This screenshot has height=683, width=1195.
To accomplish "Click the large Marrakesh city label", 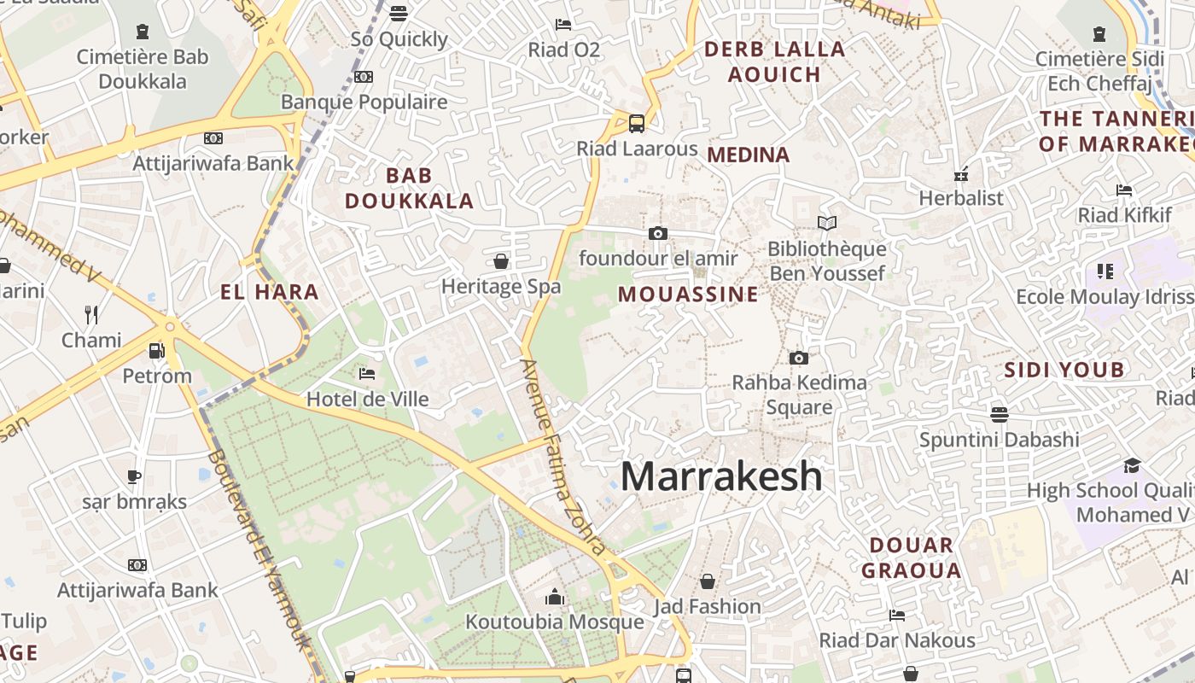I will click(721, 476).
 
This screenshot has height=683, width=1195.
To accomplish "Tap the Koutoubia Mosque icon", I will click(555, 597).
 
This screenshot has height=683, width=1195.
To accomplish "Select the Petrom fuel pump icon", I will click(156, 350).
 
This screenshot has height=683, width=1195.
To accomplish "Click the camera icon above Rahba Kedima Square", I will click(798, 358).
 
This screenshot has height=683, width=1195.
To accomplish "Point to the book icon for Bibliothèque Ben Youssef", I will click(826, 224).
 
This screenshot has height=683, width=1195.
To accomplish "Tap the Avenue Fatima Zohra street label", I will click(563, 457).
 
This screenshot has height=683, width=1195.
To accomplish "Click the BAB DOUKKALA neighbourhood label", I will click(409, 189).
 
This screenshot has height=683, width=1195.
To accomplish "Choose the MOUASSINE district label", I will click(688, 295).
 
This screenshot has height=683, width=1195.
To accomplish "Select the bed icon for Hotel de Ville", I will click(367, 374).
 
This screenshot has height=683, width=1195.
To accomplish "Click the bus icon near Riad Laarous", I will click(637, 124).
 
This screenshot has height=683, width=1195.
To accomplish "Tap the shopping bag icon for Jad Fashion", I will click(707, 582).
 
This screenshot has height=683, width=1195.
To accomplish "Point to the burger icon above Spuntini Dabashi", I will click(999, 415).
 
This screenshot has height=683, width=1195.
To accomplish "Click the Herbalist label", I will click(961, 198).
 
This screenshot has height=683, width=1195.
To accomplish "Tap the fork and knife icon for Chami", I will click(91, 315).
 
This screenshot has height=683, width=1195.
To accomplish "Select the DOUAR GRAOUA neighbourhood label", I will click(911, 557).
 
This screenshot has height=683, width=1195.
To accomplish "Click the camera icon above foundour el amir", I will click(657, 233).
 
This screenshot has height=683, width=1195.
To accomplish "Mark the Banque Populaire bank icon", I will click(364, 77).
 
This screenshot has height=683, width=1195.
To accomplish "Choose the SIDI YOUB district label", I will click(1064, 370).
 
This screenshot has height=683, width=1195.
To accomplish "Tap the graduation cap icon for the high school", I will click(1132, 465).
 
